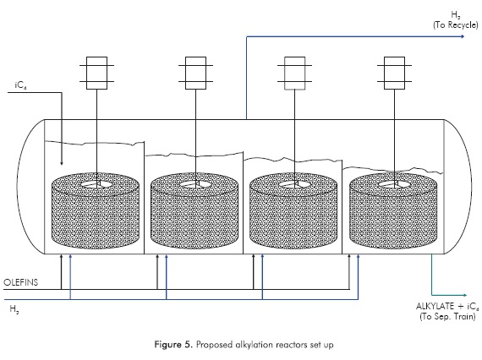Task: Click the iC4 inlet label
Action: pos(20,85)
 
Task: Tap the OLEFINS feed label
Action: pos(21,282)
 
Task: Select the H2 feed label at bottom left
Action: pos(14,308)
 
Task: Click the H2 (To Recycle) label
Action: pos(456,20)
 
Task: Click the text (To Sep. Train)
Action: pos(447,316)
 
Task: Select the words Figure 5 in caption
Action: pos(173,344)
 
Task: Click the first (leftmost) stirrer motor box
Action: pos(97,74)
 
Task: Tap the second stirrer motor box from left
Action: pos(196,74)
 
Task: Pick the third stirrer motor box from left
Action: pos(295,74)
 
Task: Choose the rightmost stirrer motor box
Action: pos(394,74)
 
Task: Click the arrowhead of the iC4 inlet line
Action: pos(62,163)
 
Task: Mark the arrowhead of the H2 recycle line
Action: pos(462,36)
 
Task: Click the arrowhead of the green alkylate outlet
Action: pos(464,295)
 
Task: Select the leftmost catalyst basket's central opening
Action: pos(97,184)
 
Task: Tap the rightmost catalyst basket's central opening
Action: pos(394,184)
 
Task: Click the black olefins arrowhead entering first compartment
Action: pos(61,256)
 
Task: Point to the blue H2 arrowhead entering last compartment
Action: pos(359,256)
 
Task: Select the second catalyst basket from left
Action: pos(194,210)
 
